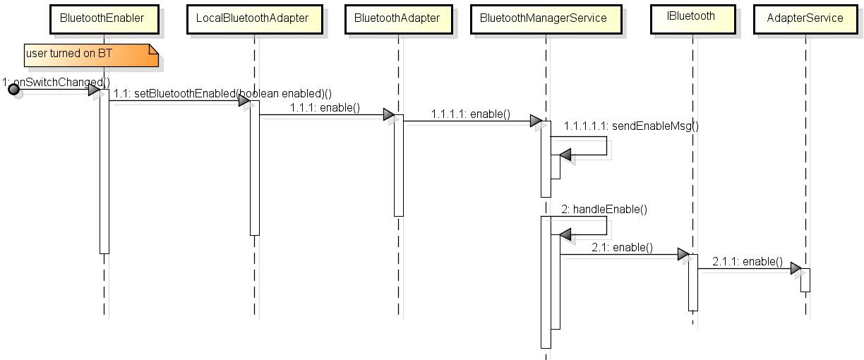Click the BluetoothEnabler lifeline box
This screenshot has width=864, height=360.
pos(102,18)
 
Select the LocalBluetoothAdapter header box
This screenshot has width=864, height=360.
pos(253,18)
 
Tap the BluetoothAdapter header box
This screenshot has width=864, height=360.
pos(397,18)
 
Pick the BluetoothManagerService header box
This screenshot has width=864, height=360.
pos(543,18)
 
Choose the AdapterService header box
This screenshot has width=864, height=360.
pos(805,18)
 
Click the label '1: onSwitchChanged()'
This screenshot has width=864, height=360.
pos(56,82)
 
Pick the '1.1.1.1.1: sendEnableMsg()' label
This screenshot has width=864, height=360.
pos(631,126)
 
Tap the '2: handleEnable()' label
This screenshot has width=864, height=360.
pos(604,209)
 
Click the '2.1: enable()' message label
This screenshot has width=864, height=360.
pos(622,247)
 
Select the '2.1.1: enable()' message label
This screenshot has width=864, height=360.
pos(747,261)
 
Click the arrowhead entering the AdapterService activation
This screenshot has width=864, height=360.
pos(796,269)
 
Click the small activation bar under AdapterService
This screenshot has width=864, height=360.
pos(805,280)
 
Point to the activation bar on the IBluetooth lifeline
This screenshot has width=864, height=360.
pos(693,282)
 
